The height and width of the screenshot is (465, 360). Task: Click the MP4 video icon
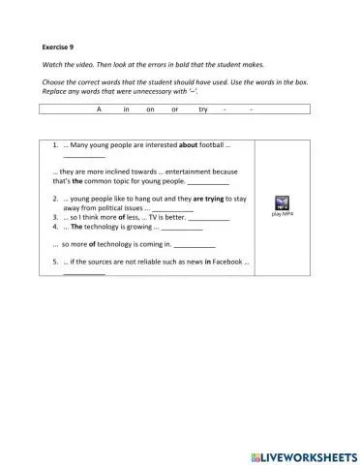coord(284,202)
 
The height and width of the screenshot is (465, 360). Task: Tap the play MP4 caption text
coord(284,214)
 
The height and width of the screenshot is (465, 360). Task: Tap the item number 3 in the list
coord(55,218)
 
